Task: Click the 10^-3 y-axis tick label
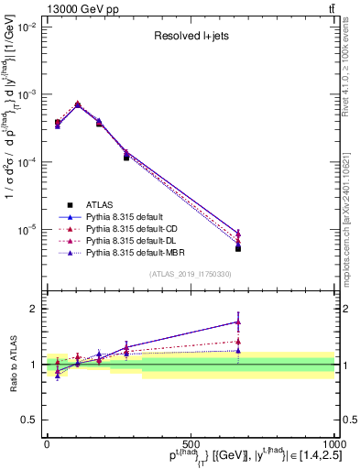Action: click(25, 95)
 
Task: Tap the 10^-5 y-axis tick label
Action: click(25, 229)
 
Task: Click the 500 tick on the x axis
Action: click(191, 444)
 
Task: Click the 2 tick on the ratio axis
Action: click(33, 309)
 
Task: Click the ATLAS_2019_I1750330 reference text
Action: click(191, 274)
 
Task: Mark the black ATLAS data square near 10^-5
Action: click(238, 248)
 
